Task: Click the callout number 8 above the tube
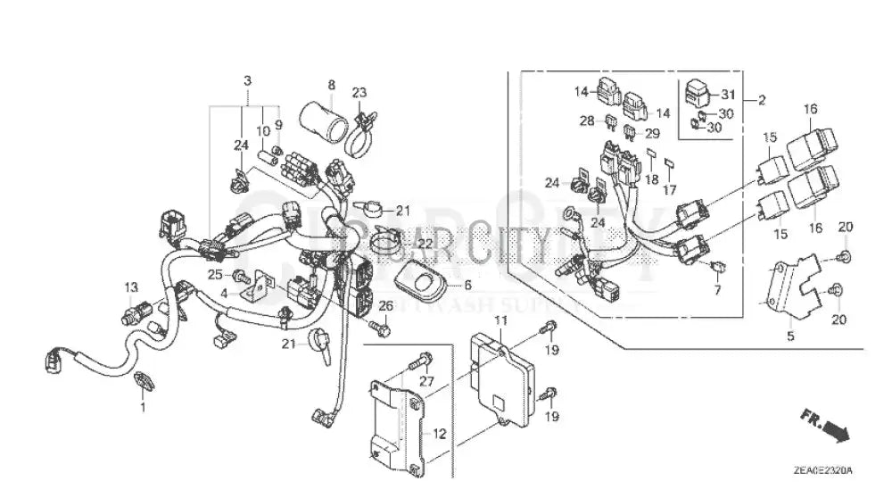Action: tap(331, 85)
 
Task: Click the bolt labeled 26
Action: tap(380, 328)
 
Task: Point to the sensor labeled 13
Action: tap(133, 313)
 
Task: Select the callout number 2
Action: tap(761, 101)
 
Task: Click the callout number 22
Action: tap(425, 243)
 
